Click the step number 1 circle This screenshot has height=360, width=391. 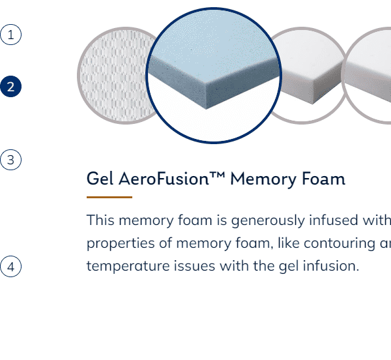(10, 35)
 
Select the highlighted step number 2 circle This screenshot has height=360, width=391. (10, 86)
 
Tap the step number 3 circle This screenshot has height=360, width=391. (10, 160)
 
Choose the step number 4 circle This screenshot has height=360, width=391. (10, 267)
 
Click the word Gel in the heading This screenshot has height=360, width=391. (100, 179)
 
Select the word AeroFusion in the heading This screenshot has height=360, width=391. (164, 179)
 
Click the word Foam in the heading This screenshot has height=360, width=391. (323, 179)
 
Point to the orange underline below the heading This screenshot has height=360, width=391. (109, 197)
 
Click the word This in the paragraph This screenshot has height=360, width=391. (100, 220)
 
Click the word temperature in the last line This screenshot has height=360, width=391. (128, 266)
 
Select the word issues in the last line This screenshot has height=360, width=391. (194, 265)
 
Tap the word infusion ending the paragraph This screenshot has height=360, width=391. (331, 265)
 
